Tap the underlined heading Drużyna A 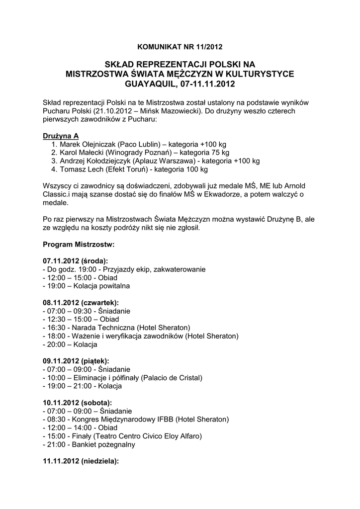click(61, 136)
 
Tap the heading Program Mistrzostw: click(79, 245)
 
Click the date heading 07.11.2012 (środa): click(76, 261)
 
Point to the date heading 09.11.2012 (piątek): click(76, 361)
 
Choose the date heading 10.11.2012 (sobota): click(77, 402)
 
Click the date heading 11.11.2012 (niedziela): click(81, 461)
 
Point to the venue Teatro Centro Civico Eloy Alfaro click(148, 436)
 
